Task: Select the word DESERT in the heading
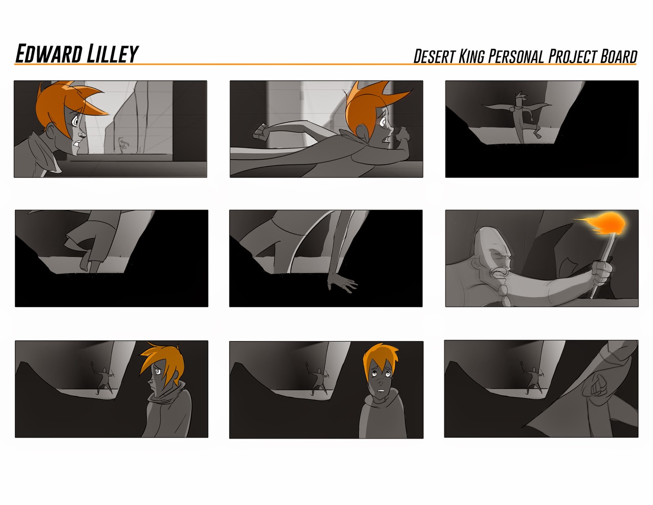point(435,56)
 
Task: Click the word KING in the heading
point(471,56)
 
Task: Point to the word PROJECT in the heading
point(573,56)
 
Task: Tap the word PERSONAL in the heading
point(516,56)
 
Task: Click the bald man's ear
point(476,264)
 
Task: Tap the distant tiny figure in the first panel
point(123,145)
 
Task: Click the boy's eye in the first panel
point(75,121)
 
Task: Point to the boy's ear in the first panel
point(51,131)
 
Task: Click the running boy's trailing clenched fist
point(261,132)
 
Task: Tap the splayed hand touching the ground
point(341,282)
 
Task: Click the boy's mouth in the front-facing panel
point(381,391)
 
